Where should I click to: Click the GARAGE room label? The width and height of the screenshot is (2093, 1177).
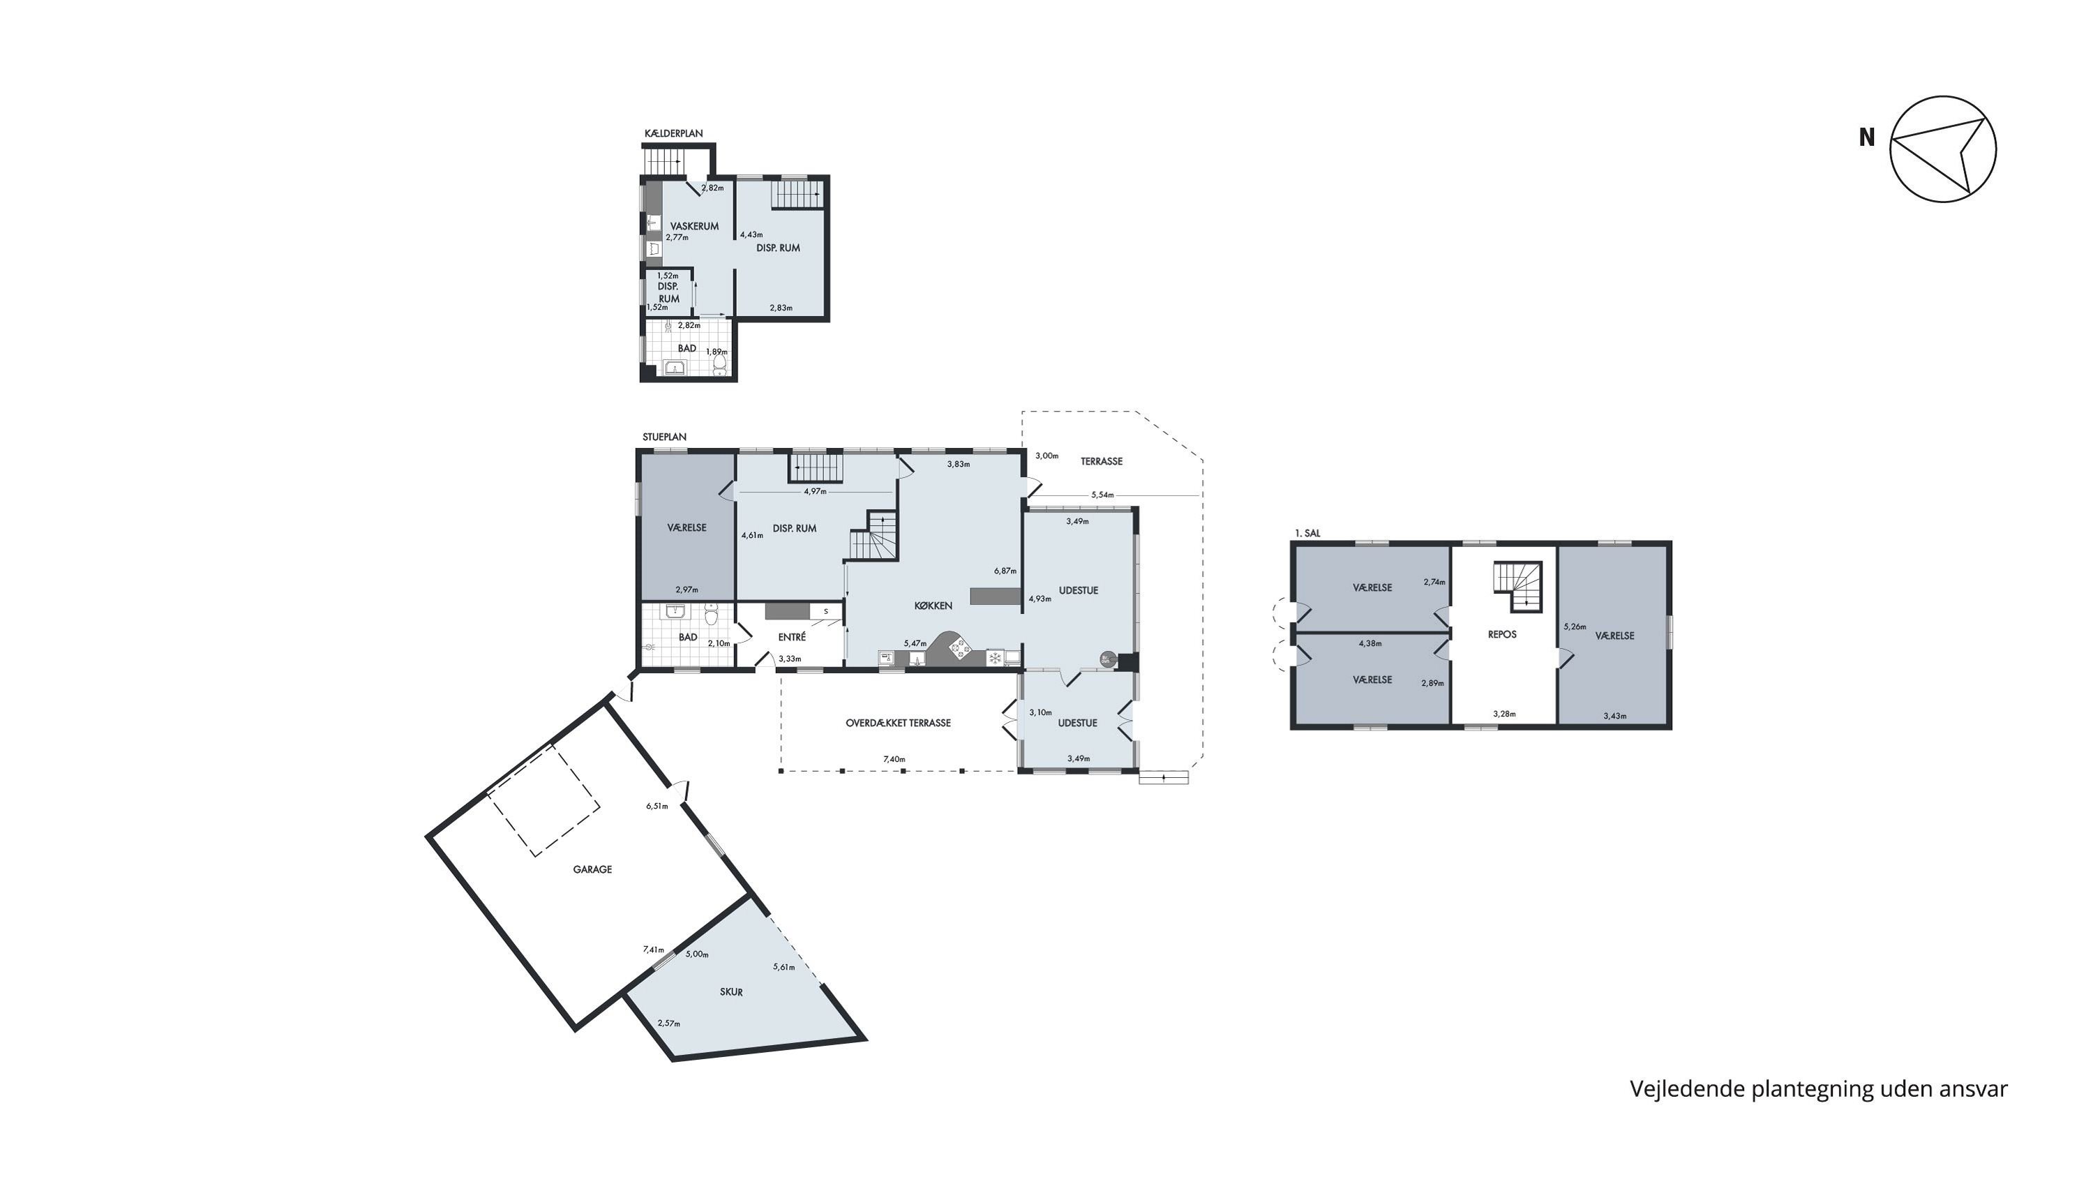(x=592, y=869)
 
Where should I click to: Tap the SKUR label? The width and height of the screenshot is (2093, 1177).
(x=731, y=992)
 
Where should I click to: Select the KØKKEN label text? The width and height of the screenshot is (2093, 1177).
(x=933, y=605)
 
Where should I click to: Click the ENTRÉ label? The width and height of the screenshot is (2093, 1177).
(x=792, y=638)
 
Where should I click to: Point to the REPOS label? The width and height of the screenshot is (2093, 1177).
(x=1502, y=634)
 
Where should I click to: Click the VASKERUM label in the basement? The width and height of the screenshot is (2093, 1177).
(x=695, y=226)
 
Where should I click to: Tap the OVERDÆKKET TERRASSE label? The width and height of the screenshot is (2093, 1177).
(x=898, y=723)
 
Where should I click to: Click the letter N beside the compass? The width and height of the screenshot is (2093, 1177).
(x=1867, y=137)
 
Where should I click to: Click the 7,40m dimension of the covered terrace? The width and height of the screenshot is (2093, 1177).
(x=894, y=760)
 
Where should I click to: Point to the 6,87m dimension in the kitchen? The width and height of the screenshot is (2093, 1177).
(x=1005, y=571)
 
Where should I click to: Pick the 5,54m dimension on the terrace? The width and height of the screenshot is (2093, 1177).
(x=1102, y=495)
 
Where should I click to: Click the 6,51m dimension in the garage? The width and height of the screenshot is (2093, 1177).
(x=657, y=806)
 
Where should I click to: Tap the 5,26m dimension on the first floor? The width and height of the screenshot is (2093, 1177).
(x=1575, y=627)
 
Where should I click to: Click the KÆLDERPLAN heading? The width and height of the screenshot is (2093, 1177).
(x=673, y=133)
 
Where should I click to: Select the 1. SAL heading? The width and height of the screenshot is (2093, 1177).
(x=1307, y=534)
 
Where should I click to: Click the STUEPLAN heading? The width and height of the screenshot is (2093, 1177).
(x=665, y=437)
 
